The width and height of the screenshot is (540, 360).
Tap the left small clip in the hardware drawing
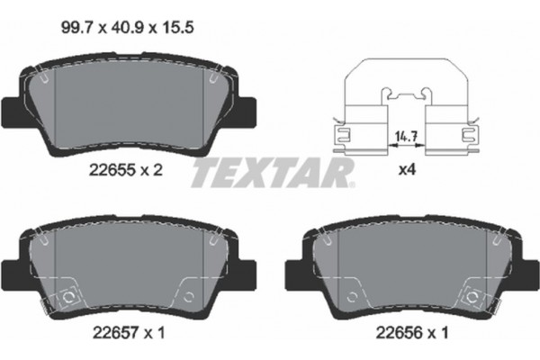[343, 135]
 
